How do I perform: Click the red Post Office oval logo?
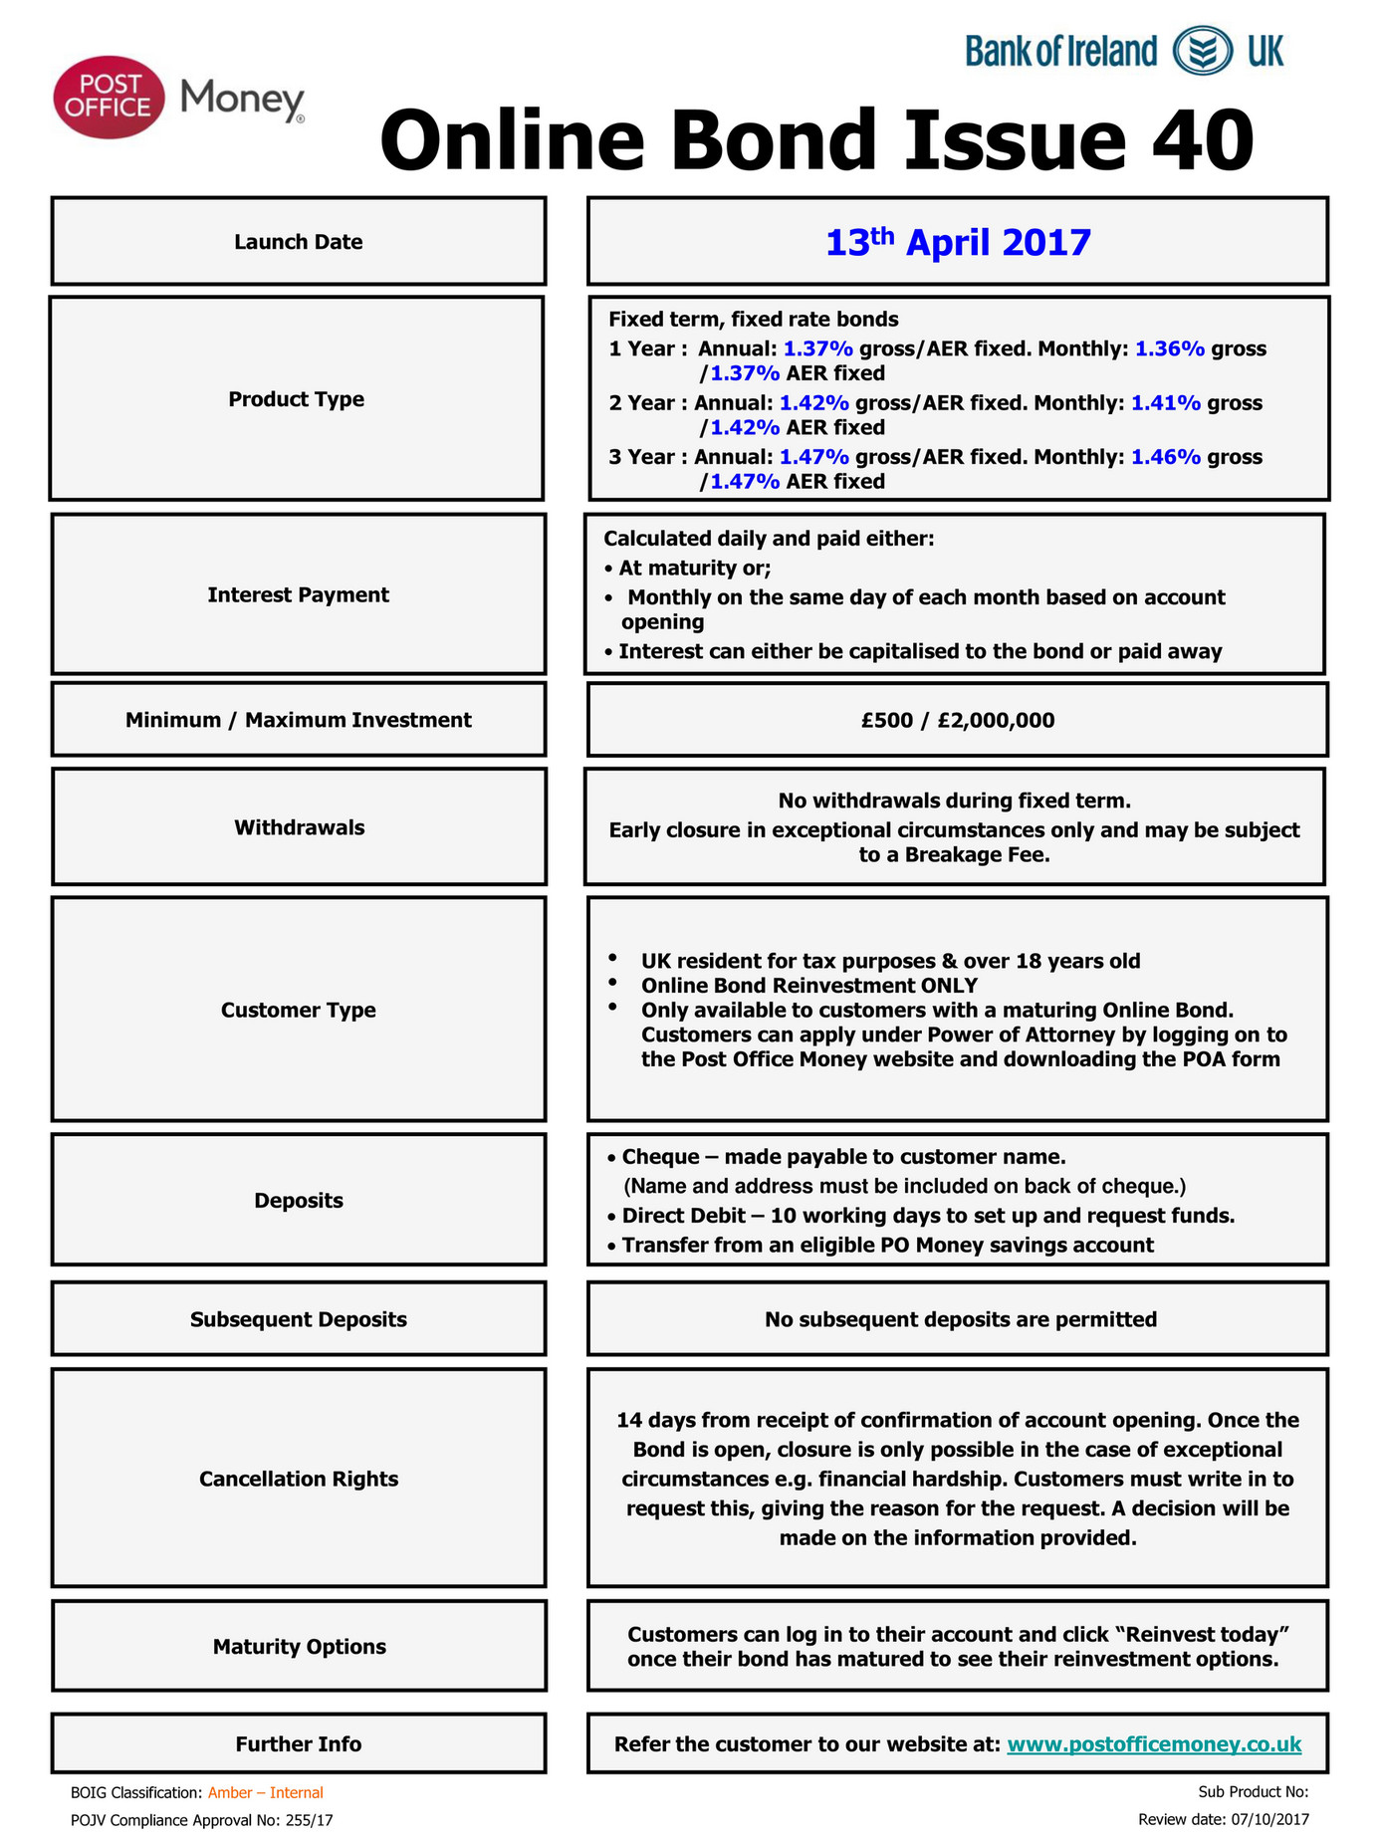pos(109,97)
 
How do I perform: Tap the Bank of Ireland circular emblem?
pos(1202,51)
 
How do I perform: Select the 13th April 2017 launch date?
pos(958,242)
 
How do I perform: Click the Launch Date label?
pos(298,242)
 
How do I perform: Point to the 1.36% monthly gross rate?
pos(1169,348)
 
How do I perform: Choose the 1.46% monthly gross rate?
pos(1165,457)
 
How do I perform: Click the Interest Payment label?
pos(298,594)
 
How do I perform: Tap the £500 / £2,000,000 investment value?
pos(958,720)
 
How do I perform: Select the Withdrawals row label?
pos(299,827)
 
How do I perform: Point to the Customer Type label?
pos(298,1010)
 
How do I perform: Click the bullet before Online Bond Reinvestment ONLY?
pos(612,984)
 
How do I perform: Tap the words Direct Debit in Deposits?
pos(683,1216)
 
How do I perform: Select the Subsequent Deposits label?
pos(298,1319)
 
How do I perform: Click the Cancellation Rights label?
pos(298,1479)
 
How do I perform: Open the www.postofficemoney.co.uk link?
pos(1154,1744)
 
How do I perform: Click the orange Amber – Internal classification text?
pos(265,1792)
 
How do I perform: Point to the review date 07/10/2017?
pos(1269,1819)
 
